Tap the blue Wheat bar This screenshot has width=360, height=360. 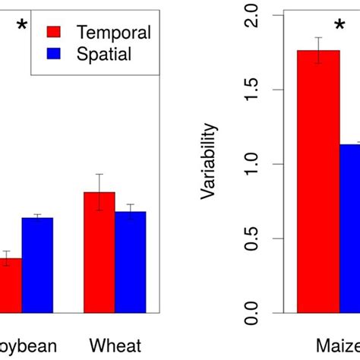coord(131,262)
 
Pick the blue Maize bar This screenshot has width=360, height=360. coord(350,228)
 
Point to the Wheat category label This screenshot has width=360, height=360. coord(115,346)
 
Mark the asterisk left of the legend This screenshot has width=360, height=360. coord(22,28)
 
